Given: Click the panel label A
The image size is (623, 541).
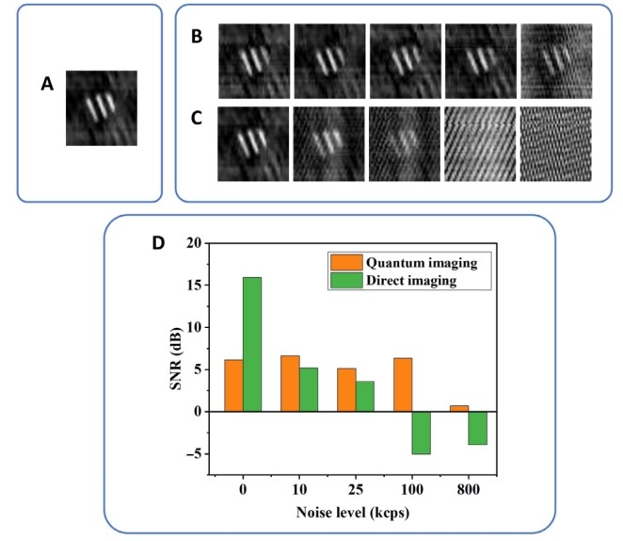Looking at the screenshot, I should pos(46,85).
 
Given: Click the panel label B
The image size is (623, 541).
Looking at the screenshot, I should pos(198,39).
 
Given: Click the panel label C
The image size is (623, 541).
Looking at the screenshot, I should pos(198,119).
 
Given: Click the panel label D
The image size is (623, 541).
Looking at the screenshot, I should pos(160,242).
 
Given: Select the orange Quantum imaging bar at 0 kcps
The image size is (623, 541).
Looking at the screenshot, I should pos(233,385).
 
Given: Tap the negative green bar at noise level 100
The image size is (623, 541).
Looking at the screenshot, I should pos(420,433).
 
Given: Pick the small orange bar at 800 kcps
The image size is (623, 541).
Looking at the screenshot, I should pos(457,408).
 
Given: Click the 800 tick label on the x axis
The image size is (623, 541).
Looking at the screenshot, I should pos(467,490).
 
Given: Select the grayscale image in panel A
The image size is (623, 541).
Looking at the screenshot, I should pos(101,107).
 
